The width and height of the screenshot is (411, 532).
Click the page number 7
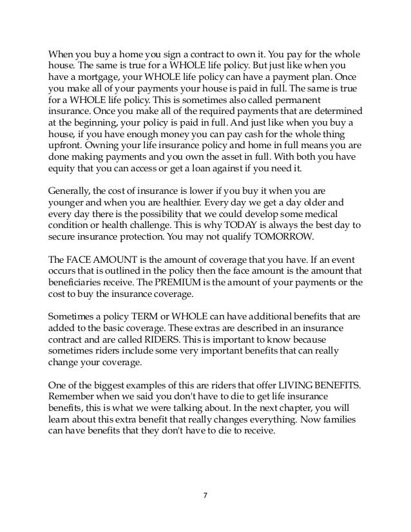coord(205,497)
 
